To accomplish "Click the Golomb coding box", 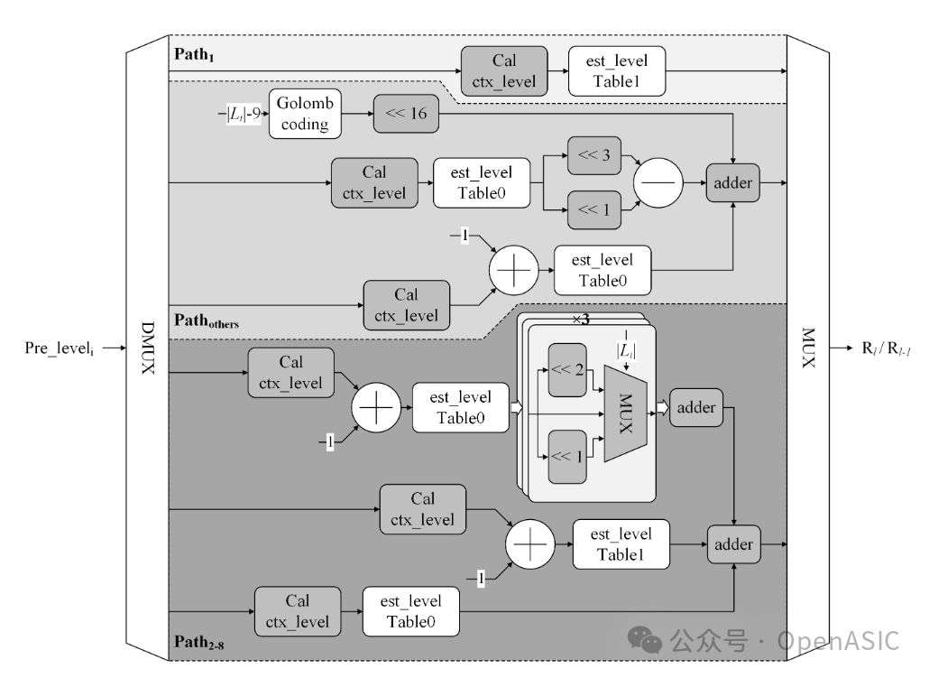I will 305,115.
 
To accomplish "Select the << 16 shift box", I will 406,115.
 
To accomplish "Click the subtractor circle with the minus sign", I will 658,183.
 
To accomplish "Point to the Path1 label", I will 193,56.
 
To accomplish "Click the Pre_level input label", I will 62,347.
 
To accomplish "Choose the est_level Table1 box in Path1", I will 616,72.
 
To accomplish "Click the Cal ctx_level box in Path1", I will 503,72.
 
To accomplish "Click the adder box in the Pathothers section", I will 732,183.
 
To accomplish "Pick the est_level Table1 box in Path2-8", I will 621,543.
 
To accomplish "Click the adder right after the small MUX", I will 695,407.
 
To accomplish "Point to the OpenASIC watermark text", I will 839,641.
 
